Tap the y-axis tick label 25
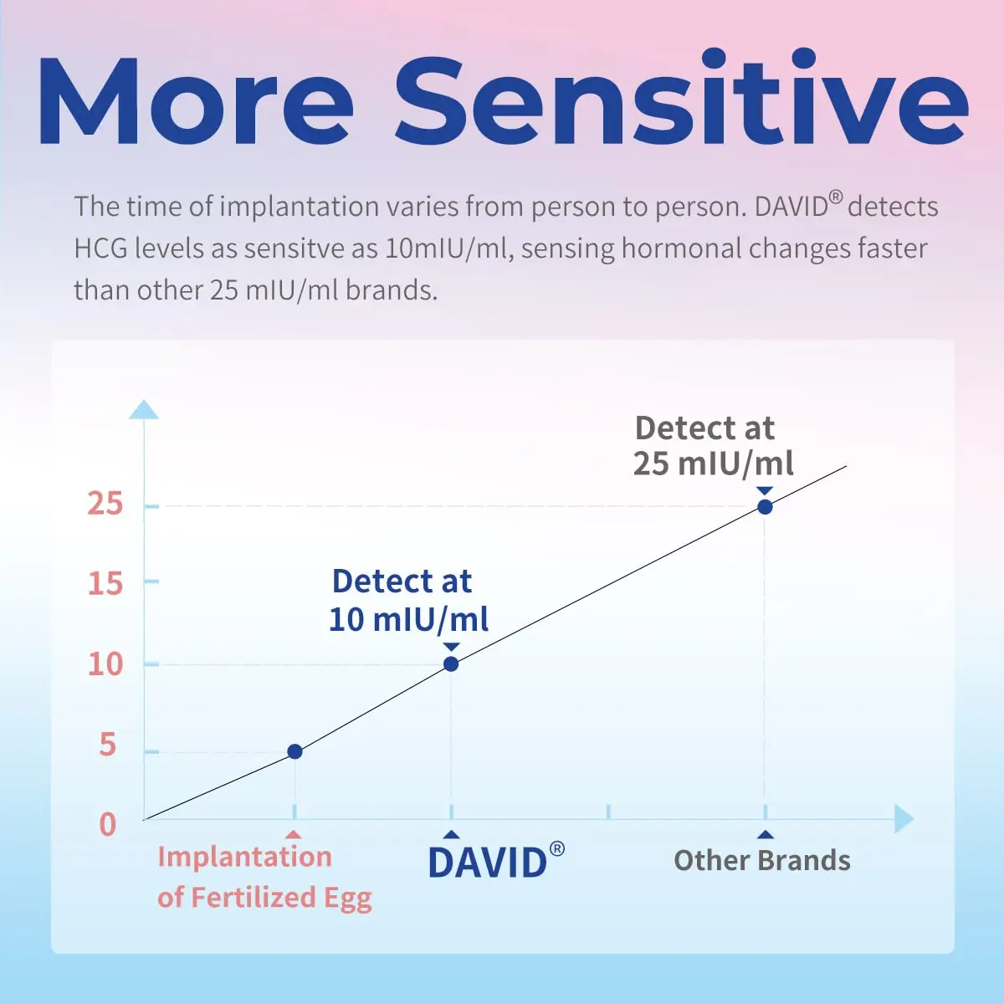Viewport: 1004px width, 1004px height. pyautogui.click(x=105, y=504)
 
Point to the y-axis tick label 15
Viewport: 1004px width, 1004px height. pyautogui.click(x=105, y=583)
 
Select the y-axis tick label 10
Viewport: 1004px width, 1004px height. pyautogui.click(x=105, y=664)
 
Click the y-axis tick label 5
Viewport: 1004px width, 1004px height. pyautogui.click(x=107, y=744)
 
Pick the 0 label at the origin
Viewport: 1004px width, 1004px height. pyautogui.click(x=107, y=824)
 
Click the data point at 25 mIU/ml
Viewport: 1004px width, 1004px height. pyautogui.click(x=765, y=507)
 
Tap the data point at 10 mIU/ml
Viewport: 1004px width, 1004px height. pyautogui.click(x=451, y=664)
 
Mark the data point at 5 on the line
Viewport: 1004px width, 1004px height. pyautogui.click(x=295, y=751)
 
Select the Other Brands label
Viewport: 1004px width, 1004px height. pyautogui.click(x=762, y=861)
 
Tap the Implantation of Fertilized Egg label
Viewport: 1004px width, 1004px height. pyautogui.click(x=264, y=877)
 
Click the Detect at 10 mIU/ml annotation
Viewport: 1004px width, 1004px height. pyautogui.click(x=407, y=600)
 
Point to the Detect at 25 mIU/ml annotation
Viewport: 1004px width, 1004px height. pyautogui.click(x=712, y=445)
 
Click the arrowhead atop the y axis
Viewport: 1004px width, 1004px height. pyautogui.click(x=144, y=409)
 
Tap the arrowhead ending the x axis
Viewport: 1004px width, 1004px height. pyautogui.click(x=904, y=819)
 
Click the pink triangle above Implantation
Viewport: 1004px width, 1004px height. pyautogui.click(x=294, y=834)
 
